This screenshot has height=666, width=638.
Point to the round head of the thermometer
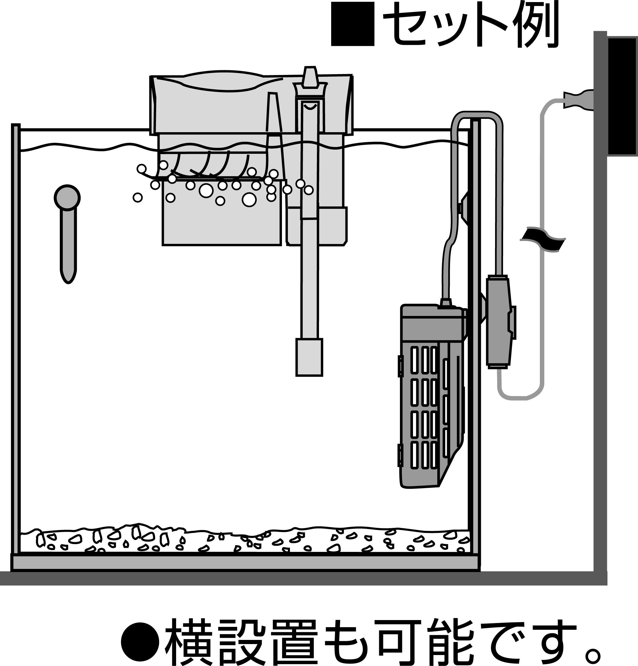pos(67,197)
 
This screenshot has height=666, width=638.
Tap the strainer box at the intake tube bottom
pos(309,357)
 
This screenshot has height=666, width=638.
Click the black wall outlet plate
pos(622,97)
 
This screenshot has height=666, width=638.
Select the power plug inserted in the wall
pos(578,99)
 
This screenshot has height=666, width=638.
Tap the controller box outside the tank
pos(499,321)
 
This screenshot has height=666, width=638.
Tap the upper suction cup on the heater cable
pos(463,207)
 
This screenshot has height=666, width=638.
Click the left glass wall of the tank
pos(16,340)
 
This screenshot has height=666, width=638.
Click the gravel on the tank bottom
pos(245,540)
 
